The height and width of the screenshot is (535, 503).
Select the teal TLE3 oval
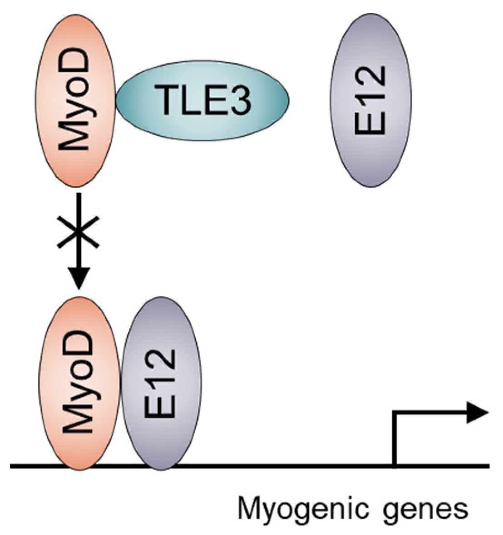[x=202, y=100]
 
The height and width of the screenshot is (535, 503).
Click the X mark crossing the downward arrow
[x=78, y=231]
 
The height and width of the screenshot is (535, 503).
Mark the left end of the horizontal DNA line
[x=11, y=466]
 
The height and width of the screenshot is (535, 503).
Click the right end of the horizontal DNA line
[x=488, y=466]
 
